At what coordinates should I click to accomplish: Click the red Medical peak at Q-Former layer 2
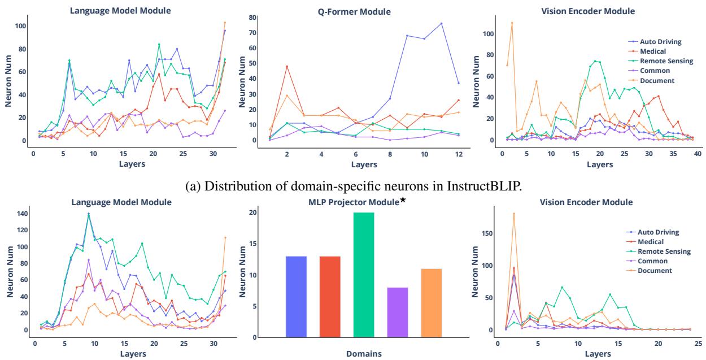pos(287,67)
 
